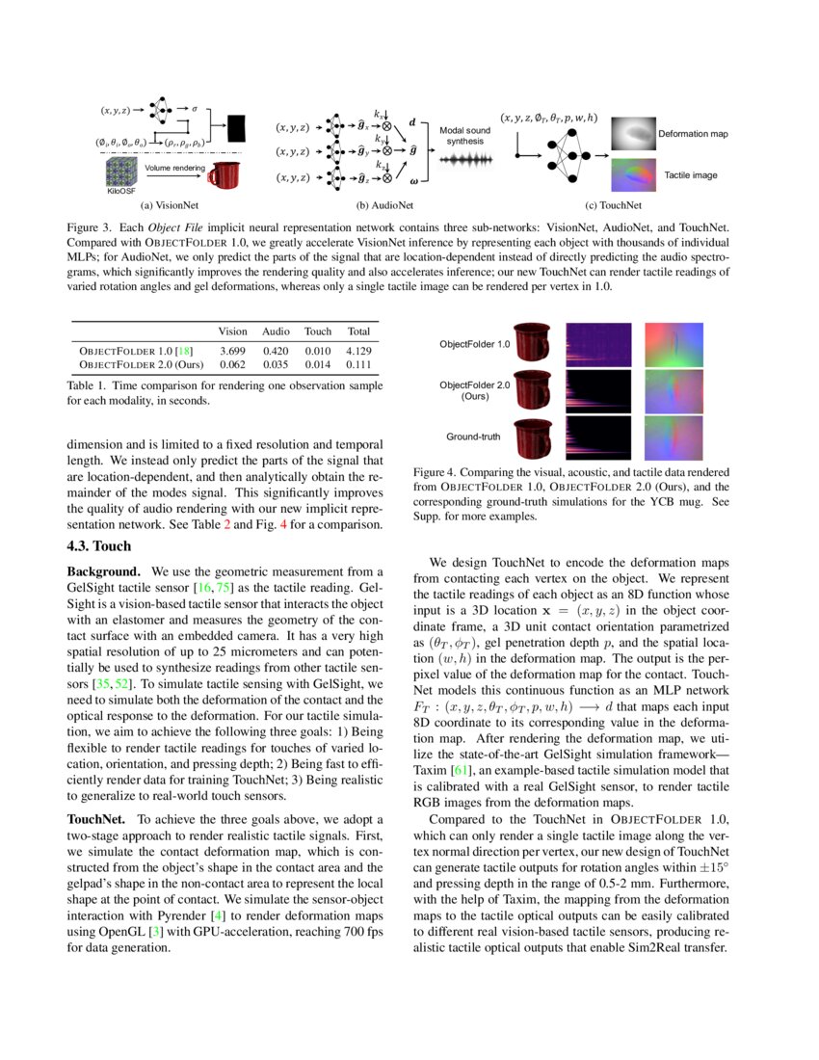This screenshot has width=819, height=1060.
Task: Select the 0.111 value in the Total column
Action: tap(358, 365)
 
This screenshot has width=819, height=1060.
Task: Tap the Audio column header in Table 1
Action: tap(276, 331)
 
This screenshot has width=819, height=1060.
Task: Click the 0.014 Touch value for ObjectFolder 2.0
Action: tap(317, 365)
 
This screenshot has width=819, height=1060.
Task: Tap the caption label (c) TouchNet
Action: tap(615, 205)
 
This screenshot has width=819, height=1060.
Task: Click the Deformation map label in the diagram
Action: tap(693, 133)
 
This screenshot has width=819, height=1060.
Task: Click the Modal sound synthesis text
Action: tap(464, 135)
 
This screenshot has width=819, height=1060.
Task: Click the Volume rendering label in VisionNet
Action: tap(174, 168)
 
